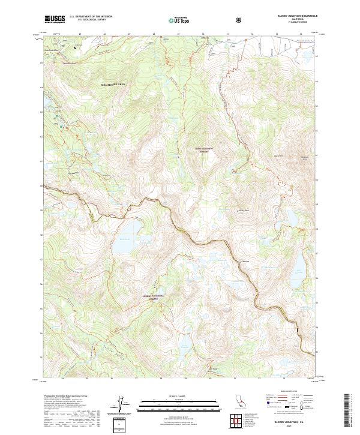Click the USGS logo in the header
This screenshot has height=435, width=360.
[55, 19]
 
